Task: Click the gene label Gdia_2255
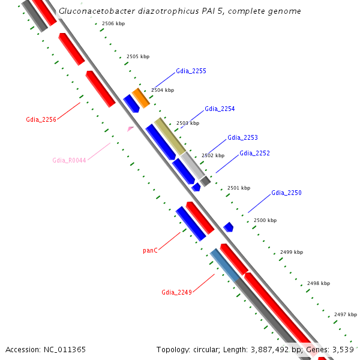[x=191, y=71]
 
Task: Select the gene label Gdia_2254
[x=220, y=109]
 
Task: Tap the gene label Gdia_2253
[x=242, y=138]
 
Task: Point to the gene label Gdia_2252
[x=254, y=154]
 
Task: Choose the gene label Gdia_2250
[x=286, y=193]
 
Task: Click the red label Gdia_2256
[x=41, y=119]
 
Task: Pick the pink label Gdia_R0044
[x=69, y=160]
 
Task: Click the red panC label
[x=150, y=250]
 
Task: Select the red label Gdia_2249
[x=176, y=293]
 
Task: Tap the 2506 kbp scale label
[x=113, y=23]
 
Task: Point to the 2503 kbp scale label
[x=187, y=123]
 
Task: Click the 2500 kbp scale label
[x=265, y=221]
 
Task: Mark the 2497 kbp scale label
[x=346, y=314]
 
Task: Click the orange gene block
[x=140, y=97]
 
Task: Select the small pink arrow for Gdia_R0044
[x=130, y=128]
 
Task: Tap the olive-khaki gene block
[x=170, y=136]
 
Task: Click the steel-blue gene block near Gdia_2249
[x=224, y=265]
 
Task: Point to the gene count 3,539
[x=344, y=349]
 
